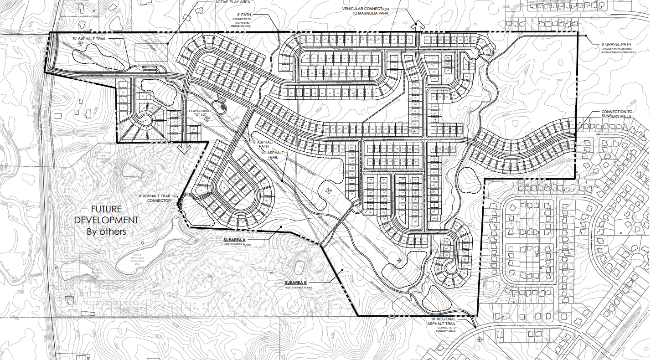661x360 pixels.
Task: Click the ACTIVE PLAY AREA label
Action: tap(232, 2)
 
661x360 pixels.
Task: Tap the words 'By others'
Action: tap(107, 231)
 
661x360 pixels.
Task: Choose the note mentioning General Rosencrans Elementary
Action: tap(618, 51)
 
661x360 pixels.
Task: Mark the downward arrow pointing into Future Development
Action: tap(184, 148)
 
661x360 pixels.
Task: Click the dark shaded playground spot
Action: tap(222, 107)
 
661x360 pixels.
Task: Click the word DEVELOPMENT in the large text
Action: tap(107, 220)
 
